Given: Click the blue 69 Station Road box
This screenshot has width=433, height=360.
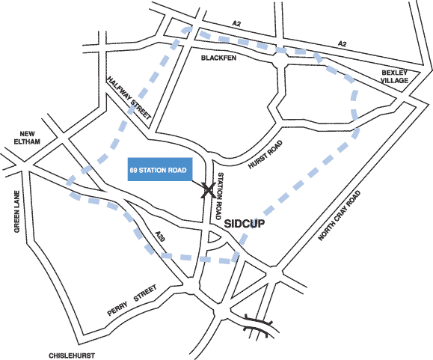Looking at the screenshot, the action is click(x=160, y=169).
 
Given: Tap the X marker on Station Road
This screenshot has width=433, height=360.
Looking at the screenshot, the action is click(x=209, y=190).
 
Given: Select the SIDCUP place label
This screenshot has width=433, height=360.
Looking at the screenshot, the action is click(x=245, y=223).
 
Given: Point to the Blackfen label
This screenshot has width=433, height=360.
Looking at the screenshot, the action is click(x=218, y=58).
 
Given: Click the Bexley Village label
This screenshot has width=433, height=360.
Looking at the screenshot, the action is click(x=394, y=76).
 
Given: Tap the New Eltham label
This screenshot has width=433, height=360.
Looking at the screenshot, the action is click(x=27, y=138).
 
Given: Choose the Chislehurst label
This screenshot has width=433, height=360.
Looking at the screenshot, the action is click(x=72, y=356).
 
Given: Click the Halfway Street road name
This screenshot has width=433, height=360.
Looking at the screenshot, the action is click(x=129, y=98).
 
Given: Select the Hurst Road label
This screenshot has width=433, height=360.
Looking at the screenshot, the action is click(x=265, y=154).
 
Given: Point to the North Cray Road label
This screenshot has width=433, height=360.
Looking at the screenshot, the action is click(x=340, y=216).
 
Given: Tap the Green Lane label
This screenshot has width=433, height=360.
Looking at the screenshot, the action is click(x=17, y=212).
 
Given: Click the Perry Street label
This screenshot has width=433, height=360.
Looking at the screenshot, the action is click(x=132, y=300).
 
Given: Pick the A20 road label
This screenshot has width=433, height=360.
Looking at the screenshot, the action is click(x=160, y=236).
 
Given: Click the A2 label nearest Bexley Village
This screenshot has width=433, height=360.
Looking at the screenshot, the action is click(x=343, y=43).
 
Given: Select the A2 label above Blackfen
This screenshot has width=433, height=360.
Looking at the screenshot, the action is click(x=236, y=24).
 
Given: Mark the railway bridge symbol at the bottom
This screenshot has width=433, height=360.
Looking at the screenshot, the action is click(x=258, y=325).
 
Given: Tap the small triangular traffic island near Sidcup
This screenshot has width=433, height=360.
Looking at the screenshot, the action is click(x=213, y=237).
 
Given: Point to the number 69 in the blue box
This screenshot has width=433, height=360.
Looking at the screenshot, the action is click(x=133, y=170).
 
